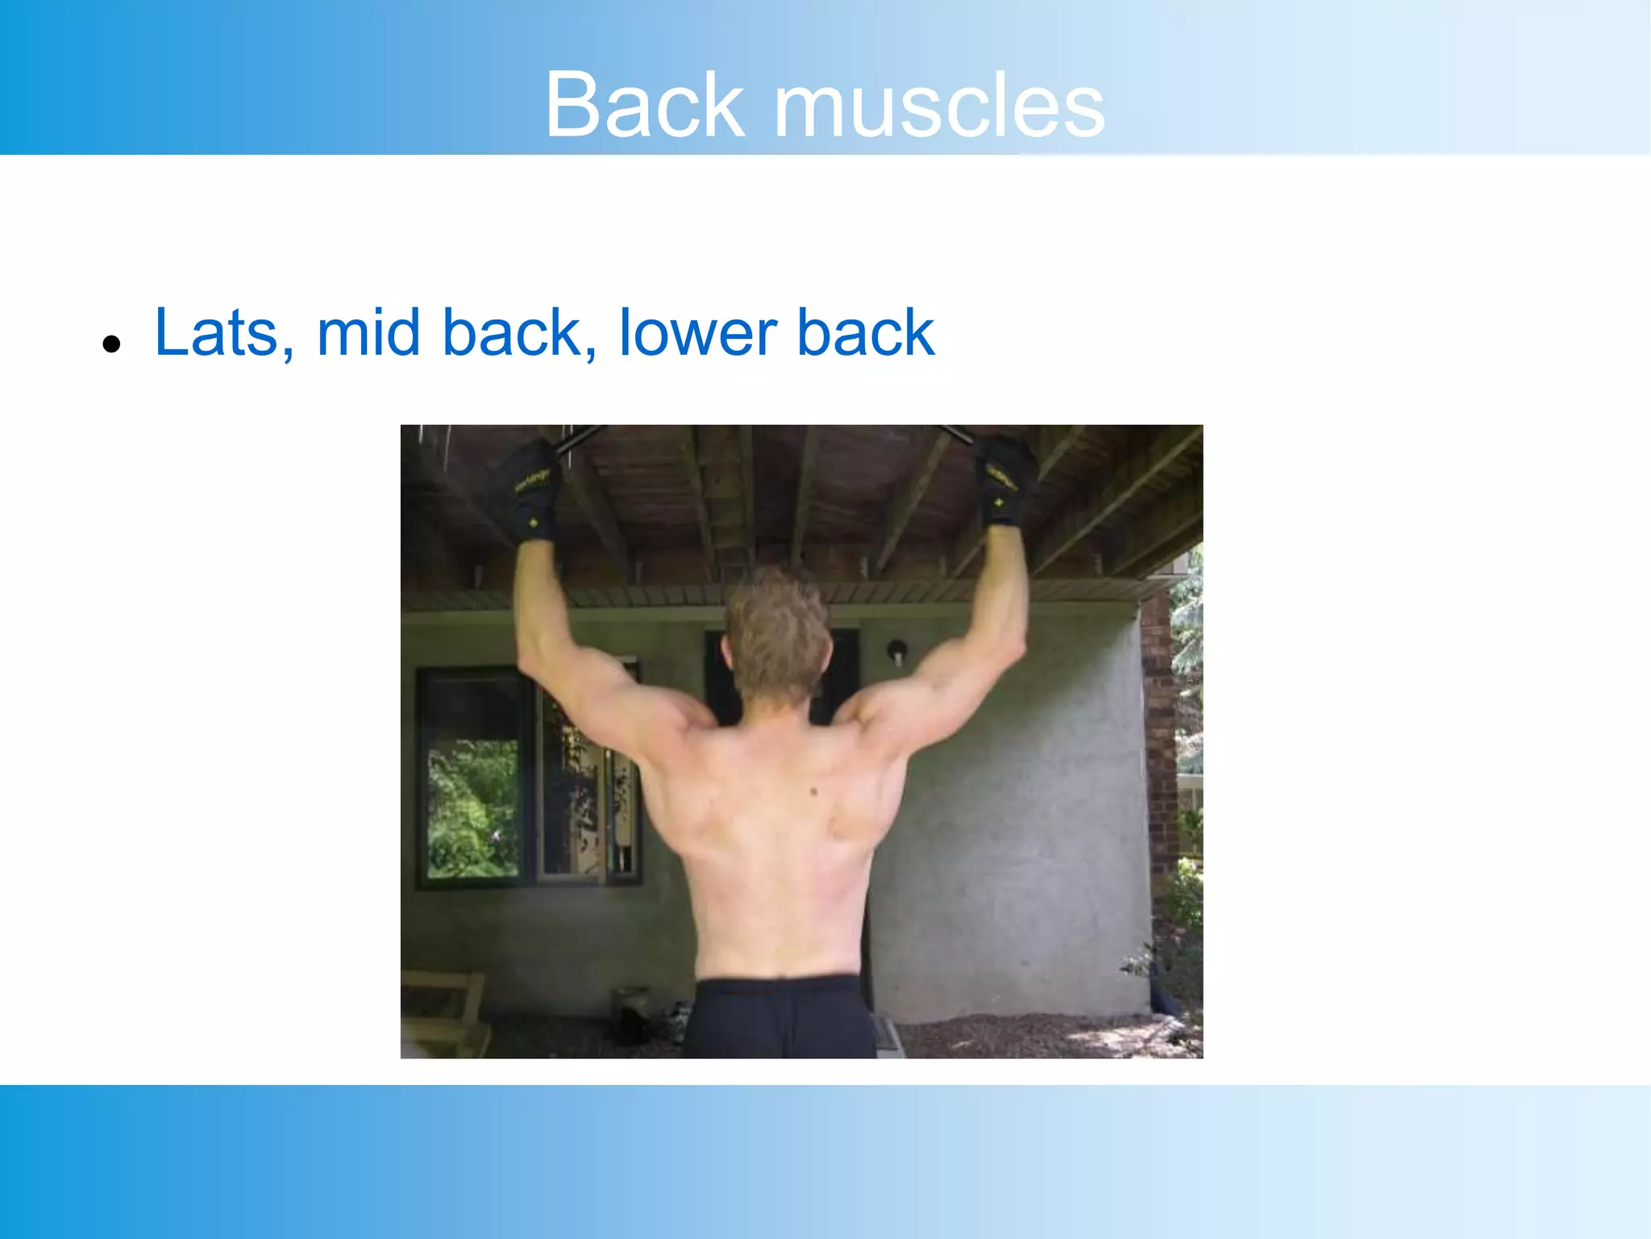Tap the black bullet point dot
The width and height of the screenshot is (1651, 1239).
(111, 344)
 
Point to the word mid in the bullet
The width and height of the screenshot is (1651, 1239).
(368, 332)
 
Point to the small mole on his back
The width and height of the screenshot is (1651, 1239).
(814, 791)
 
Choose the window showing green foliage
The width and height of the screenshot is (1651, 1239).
(473, 807)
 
